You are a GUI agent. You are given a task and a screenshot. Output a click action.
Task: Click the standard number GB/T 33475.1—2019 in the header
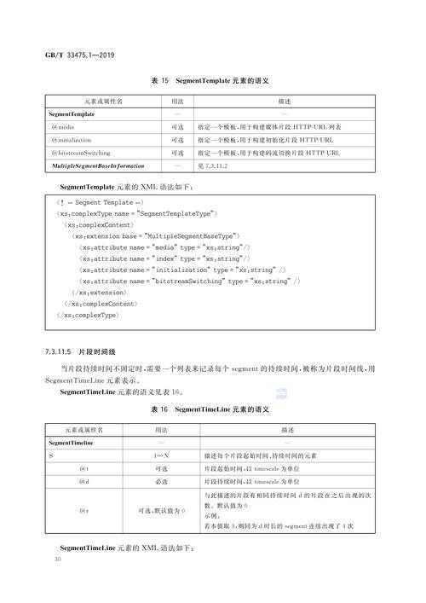pos(79,55)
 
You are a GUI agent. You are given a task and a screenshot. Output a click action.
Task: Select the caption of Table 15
pos(210,81)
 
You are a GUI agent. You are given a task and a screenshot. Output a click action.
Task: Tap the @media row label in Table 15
pos(65,126)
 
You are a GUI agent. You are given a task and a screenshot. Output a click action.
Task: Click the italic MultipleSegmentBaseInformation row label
pos(96,165)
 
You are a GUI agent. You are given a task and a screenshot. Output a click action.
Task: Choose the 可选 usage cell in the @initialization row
pos(177,139)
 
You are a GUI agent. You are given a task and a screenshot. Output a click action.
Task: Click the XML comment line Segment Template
pos(95,201)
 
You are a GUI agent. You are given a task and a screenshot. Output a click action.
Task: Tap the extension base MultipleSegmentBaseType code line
pos(159,235)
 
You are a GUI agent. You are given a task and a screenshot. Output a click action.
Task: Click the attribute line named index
pos(164,258)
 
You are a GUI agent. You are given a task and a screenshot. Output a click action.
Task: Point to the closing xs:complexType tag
pos(90,316)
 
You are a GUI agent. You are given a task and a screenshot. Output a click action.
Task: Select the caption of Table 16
pos(210,410)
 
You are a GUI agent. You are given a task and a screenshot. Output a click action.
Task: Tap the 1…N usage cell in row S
pos(160,457)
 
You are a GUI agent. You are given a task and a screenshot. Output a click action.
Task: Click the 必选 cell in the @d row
pos(160,482)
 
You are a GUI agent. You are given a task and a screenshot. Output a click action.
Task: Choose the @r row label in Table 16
pos(83,511)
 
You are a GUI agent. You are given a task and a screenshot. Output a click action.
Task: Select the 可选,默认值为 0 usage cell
pos(160,511)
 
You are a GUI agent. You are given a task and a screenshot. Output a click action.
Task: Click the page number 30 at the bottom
pos(57,560)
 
